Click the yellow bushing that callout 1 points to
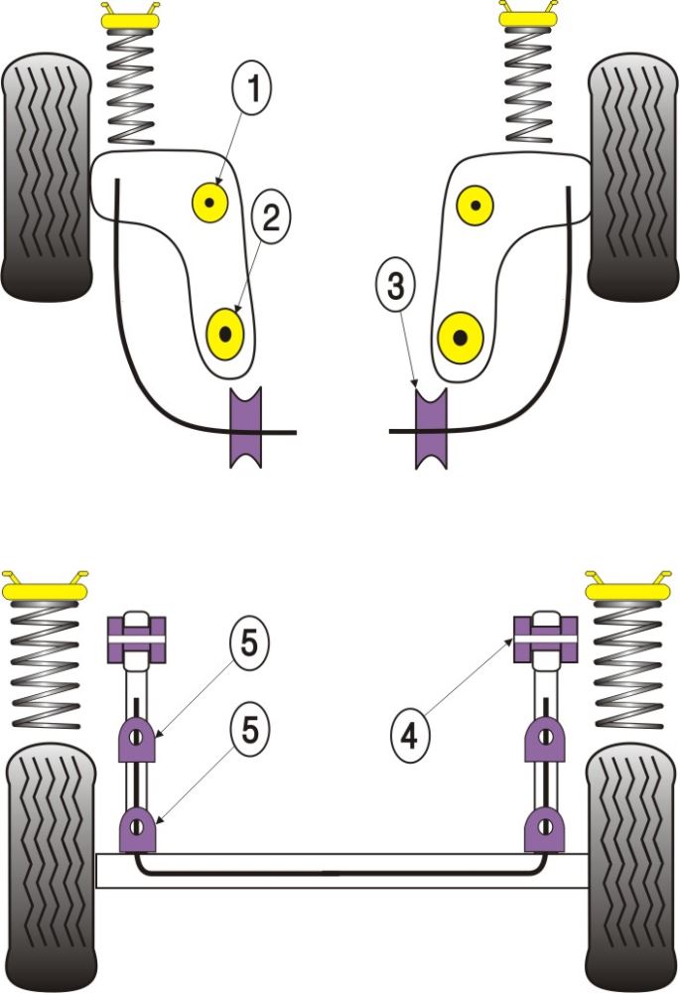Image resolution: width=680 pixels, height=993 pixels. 209,204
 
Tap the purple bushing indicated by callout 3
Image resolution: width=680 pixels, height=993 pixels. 431,429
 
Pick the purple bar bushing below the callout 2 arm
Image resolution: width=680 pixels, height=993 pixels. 245,429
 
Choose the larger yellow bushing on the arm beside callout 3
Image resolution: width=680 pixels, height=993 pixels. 461,336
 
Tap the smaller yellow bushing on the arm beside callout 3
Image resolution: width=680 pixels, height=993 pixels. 476,205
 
